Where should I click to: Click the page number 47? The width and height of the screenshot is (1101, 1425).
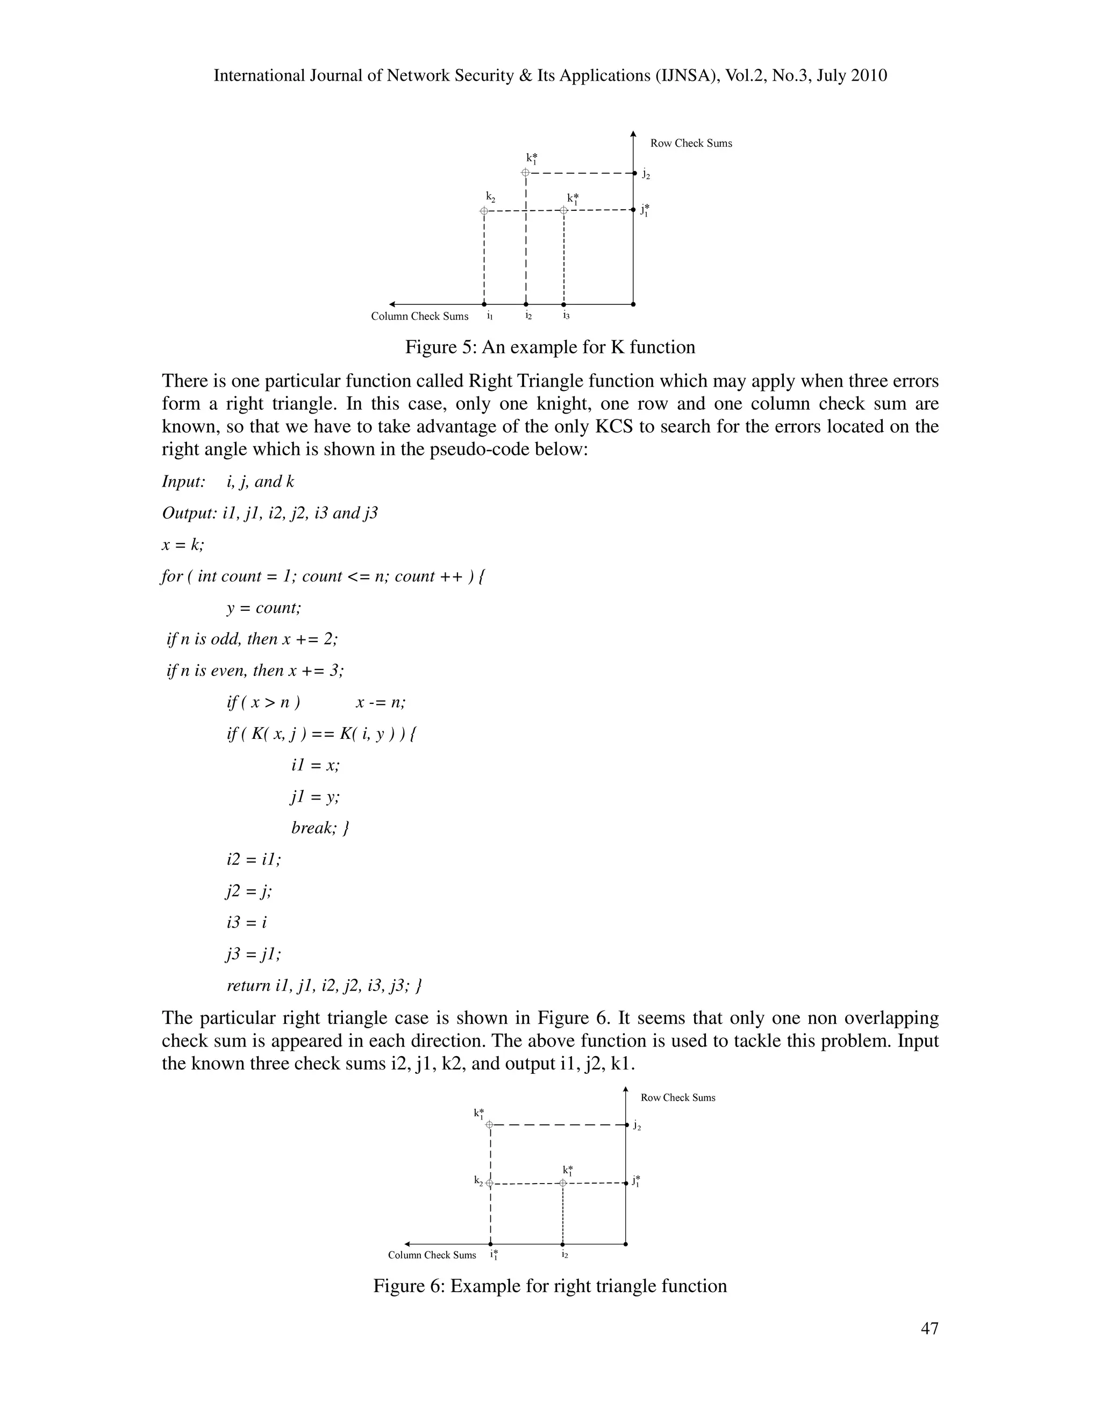(x=930, y=1328)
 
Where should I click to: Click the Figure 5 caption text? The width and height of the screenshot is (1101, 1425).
(x=550, y=347)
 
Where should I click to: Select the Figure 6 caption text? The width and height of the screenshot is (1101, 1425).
(x=550, y=1285)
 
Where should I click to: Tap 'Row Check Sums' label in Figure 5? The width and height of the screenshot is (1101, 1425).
(x=691, y=144)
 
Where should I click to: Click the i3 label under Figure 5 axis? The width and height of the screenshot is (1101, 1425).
(x=566, y=316)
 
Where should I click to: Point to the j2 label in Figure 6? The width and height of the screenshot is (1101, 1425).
(x=637, y=1126)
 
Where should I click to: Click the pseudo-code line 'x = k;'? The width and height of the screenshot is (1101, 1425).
(x=183, y=545)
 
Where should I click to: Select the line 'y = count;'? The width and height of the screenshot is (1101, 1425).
(x=263, y=608)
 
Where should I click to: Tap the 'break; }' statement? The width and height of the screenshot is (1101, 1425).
(x=320, y=828)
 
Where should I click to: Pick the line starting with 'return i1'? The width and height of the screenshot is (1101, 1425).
(x=324, y=985)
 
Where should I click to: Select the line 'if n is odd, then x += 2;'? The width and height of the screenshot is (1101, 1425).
(x=253, y=639)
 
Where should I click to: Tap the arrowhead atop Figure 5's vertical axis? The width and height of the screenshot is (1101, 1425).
(x=633, y=134)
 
